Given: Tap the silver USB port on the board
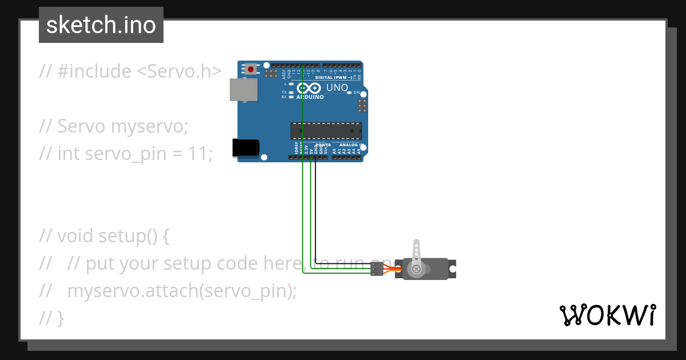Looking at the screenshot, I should [x=243, y=90].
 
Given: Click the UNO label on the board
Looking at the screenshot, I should [x=336, y=88].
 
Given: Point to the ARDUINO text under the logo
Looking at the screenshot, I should [x=310, y=97].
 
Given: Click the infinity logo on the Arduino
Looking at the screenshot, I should [x=309, y=89].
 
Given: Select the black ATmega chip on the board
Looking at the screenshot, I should [x=326, y=131].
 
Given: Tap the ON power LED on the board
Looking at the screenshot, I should [x=349, y=92].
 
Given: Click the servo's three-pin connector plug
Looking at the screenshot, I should [x=377, y=269].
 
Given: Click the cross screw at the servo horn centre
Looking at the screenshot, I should [x=416, y=269].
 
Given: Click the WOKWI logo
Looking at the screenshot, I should [x=607, y=315].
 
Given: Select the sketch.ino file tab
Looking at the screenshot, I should [x=101, y=25].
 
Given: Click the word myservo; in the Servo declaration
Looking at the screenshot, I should [x=149, y=126].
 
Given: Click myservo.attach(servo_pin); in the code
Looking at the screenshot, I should [x=182, y=290].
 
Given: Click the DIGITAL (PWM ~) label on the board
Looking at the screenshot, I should [x=333, y=78].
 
